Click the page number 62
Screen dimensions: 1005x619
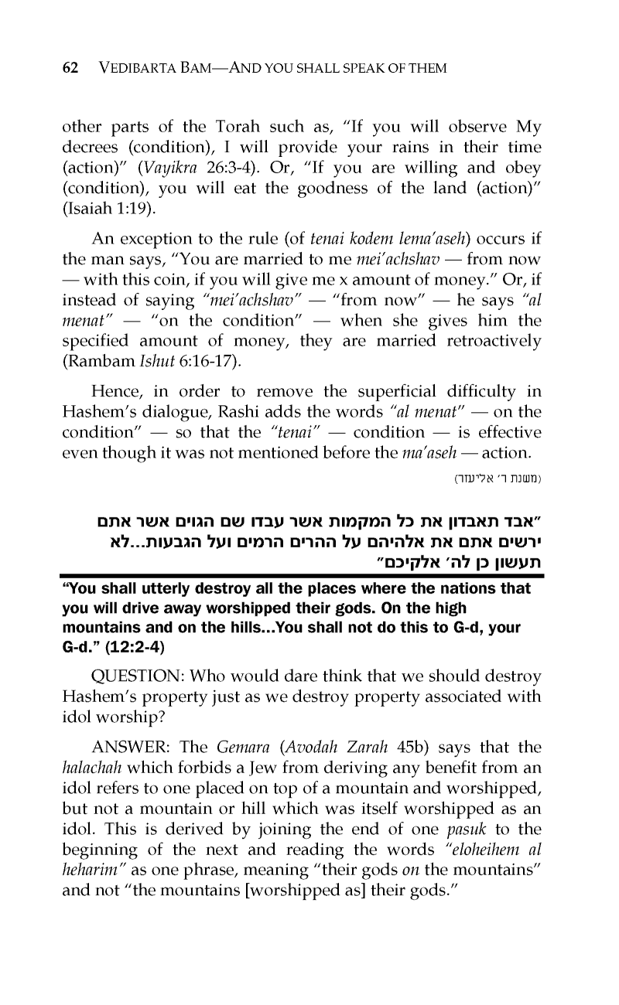[x=70, y=68]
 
